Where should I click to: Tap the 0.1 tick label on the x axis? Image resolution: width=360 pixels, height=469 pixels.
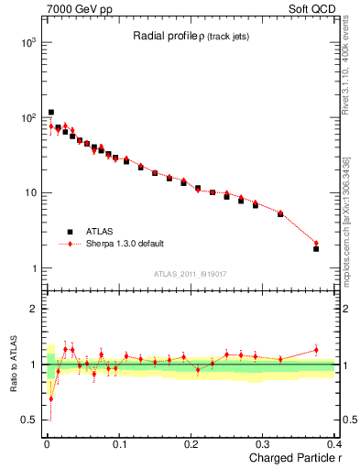click(x=119, y=445)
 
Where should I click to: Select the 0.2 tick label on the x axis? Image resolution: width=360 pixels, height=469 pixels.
click(x=191, y=445)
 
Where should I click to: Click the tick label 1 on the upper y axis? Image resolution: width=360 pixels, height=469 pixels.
click(x=31, y=268)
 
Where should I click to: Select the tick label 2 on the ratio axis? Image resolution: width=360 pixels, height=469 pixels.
click(x=31, y=309)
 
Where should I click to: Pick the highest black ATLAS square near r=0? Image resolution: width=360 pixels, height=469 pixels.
click(x=51, y=113)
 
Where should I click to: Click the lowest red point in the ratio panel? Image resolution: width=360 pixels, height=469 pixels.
click(x=51, y=398)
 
